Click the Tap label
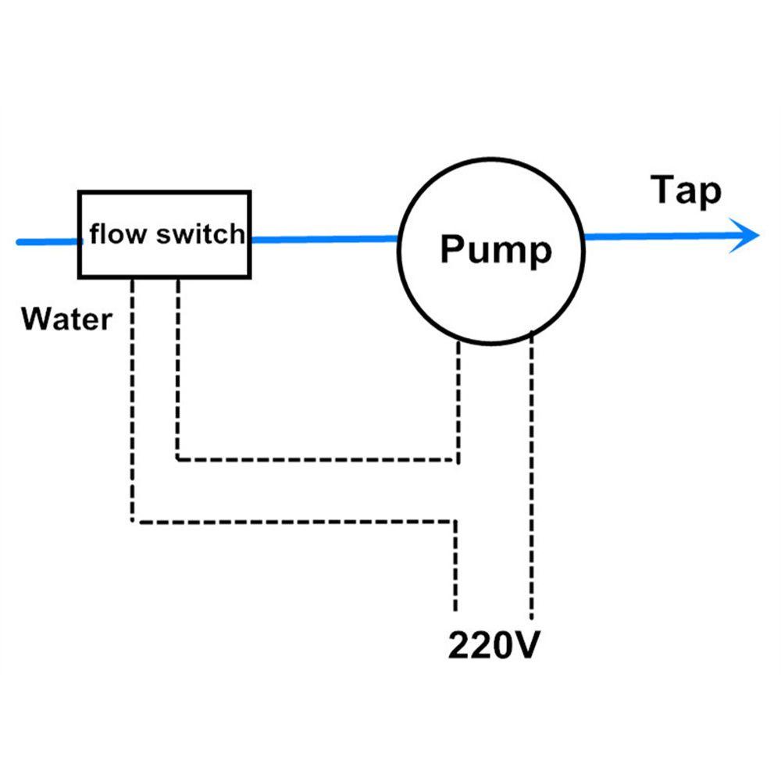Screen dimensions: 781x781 (x=686, y=191)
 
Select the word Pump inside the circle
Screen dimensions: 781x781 (x=495, y=250)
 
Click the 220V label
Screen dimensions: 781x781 (x=493, y=647)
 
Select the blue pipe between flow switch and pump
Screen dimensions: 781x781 (x=324, y=239)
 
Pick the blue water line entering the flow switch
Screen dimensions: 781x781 (x=47, y=242)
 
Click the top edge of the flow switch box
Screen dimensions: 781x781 (x=164, y=191)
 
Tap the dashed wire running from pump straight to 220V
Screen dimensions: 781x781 (x=532, y=484)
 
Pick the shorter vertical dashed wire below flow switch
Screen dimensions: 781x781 (x=179, y=367)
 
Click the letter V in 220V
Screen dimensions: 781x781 (x=522, y=647)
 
